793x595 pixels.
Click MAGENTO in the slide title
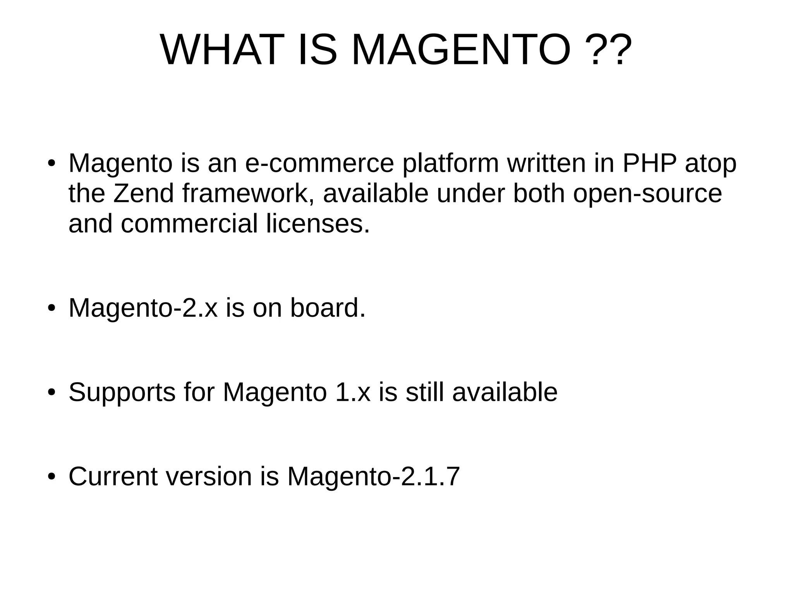coord(460,50)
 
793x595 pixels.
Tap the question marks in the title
coord(607,50)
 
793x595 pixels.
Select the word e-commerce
coord(319,164)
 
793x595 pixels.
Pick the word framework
coord(248,193)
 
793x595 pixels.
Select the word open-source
coord(647,193)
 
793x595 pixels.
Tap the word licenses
coord(318,224)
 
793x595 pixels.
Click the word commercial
coord(189,224)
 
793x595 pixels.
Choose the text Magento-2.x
coord(143,308)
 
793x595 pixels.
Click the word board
coord(328,308)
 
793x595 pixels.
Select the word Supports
coord(122,392)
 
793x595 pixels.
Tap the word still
coord(424,392)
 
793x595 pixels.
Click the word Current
coord(113,476)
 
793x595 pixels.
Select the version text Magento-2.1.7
coord(373,476)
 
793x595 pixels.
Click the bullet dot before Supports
coord(51,392)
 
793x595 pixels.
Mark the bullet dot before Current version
coord(51,476)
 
